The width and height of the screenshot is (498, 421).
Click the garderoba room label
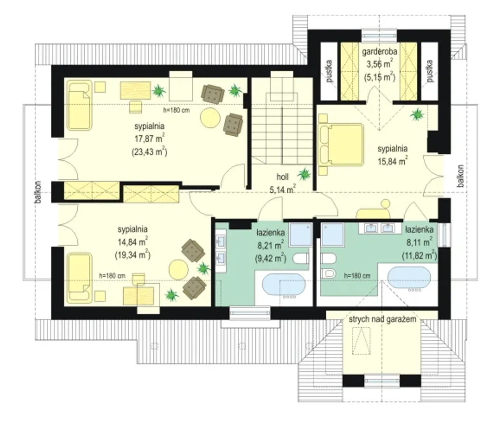[380, 52]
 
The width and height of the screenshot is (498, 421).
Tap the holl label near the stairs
[282, 177]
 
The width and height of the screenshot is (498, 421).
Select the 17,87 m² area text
[150, 139]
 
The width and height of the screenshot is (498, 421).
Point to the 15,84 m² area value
[393, 161]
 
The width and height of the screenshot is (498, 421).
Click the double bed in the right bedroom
[341, 145]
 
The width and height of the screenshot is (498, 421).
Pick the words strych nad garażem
[382, 319]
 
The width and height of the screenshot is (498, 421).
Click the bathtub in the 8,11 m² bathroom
[409, 277]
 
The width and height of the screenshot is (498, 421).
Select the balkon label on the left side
[38, 192]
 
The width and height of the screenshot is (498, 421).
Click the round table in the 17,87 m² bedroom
[210, 118]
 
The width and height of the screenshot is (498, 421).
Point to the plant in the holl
[304, 174]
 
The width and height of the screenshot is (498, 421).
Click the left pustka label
[329, 71]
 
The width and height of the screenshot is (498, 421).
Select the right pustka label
[430, 71]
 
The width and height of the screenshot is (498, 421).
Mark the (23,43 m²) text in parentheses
[150, 152]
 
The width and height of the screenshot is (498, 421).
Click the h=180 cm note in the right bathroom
[357, 276]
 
